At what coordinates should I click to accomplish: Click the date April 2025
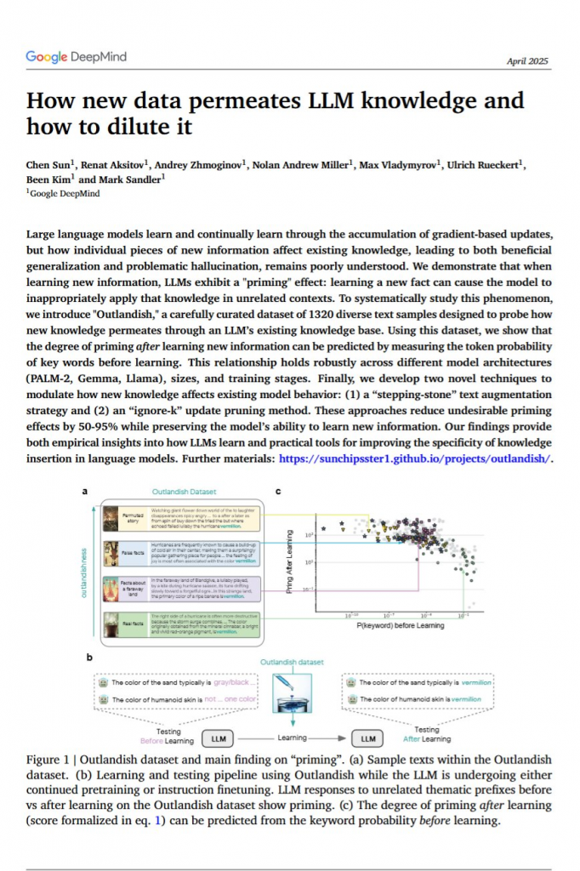(x=527, y=61)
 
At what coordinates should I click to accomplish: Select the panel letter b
(x=86, y=656)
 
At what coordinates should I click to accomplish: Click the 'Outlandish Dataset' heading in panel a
(x=184, y=491)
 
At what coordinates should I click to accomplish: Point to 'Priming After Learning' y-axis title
(x=290, y=562)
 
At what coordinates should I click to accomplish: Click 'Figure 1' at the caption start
(x=49, y=759)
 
